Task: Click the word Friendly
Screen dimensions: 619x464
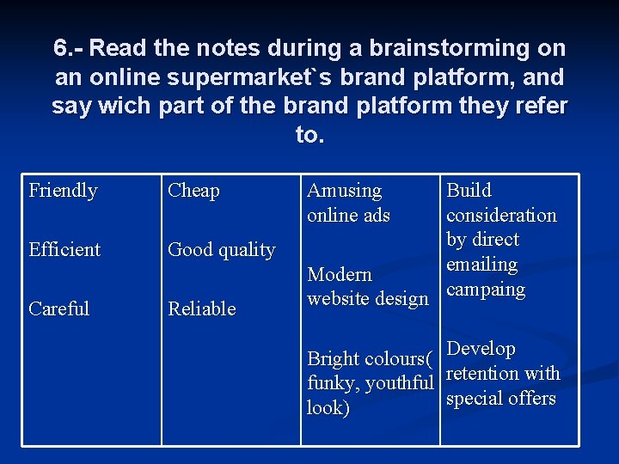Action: pyautogui.click(x=63, y=190)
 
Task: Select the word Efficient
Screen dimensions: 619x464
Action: pyautogui.click(x=64, y=249)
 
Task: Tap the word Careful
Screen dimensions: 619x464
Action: pyautogui.click(x=58, y=308)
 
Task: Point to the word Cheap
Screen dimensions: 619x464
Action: pyautogui.click(x=193, y=190)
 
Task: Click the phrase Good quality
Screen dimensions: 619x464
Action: pyautogui.click(x=221, y=250)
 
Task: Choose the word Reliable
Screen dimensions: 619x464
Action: pyautogui.click(x=201, y=308)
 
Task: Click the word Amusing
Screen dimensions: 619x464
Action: pyautogui.click(x=344, y=190)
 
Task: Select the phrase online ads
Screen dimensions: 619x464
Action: pyautogui.click(x=348, y=215)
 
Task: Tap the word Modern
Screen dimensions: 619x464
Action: pyautogui.click(x=340, y=274)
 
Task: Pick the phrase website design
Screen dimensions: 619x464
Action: pyautogui.click(x=367, y=299)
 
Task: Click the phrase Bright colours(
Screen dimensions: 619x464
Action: pyautogui.click(x=369, y=358)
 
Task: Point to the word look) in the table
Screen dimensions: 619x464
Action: pyautogui.click(x=328, y=408)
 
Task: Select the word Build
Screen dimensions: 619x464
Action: pyautogui.click(x=469, y=190)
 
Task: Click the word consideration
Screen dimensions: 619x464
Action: pyautogui.click(x=501, y=215)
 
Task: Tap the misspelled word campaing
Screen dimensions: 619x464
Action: pyautogui.click(x=485, y=290)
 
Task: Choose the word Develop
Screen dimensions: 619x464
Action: pyautogui.click(x=481, y=349)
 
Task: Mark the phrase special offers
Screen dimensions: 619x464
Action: pyautogui.click(x=500, y=399)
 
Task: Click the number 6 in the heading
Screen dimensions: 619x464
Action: pyautogui.click(x=59, y=48)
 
